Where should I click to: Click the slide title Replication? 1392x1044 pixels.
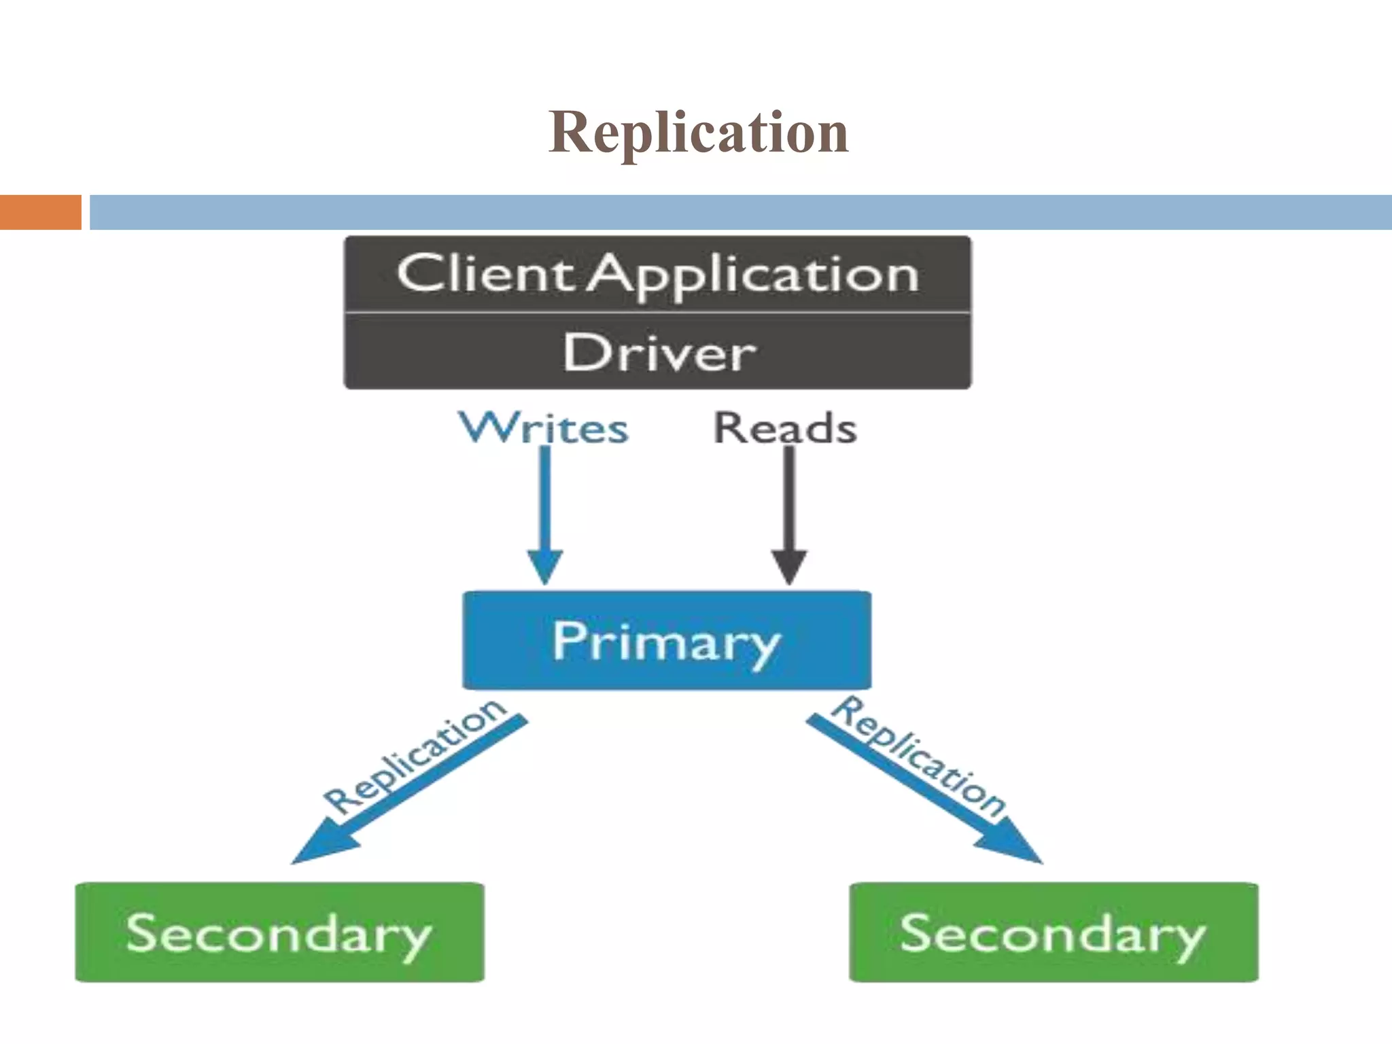[698, 132]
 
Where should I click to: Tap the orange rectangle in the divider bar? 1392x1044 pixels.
[40, 212]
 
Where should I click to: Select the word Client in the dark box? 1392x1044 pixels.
[485, 273]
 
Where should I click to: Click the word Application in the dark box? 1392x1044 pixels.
[753, 275]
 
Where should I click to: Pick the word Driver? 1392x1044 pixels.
[659, 353]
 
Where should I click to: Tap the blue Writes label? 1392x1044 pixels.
[544, 428]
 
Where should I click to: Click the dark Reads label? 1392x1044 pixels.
[785, 428]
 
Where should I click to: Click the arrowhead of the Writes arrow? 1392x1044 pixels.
[545, 568]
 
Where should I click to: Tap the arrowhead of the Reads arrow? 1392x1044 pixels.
[789, 568]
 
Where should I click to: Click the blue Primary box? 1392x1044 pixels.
[666, 640]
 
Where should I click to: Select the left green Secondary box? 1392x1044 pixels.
[279, 932]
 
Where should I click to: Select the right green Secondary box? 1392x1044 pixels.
[1054, 932]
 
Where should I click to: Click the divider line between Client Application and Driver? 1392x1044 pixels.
[657, 313]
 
